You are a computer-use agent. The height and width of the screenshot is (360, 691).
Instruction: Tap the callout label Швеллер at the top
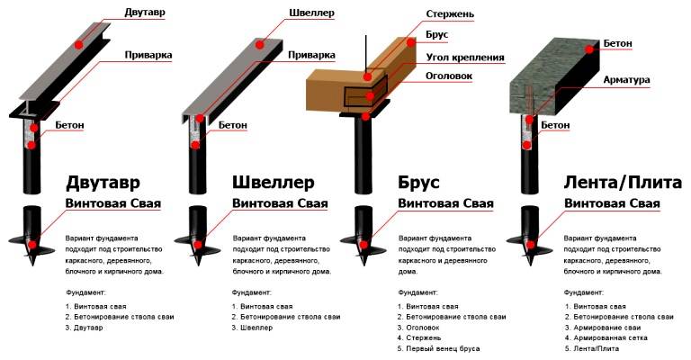pos(313,13)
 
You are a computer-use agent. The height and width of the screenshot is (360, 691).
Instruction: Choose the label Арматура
pos(628,80)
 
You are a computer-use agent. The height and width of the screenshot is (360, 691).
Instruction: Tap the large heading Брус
pos(418,182)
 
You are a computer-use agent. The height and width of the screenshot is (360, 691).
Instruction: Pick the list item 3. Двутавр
pos(85,328)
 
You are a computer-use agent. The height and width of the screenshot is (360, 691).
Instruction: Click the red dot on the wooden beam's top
pos(408,42)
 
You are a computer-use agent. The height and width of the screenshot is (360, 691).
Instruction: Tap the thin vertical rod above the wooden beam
pos(366,49)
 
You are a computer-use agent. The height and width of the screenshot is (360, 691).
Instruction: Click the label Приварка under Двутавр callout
pos(150,55)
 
